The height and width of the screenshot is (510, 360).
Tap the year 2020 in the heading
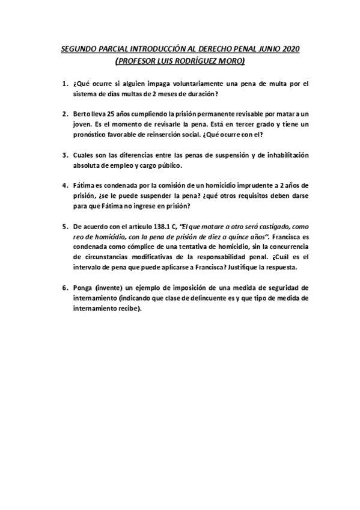(288, 48)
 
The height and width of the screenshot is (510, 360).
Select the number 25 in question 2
(111, 114)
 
